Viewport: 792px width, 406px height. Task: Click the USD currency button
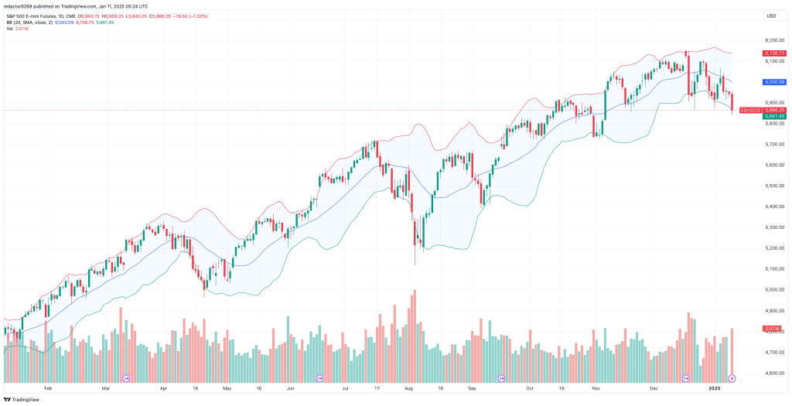770,15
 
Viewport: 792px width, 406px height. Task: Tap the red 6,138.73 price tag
774,53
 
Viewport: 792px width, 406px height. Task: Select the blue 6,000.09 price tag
774,81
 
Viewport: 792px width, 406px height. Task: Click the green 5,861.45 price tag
774,116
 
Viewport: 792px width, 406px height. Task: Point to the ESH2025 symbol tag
750,110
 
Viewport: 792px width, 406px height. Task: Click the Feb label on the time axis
48,388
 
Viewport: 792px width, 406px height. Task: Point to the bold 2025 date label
715,388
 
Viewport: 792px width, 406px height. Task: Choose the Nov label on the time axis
596,388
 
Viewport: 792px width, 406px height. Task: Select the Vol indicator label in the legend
10,29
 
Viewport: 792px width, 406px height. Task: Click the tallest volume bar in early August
415,333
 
